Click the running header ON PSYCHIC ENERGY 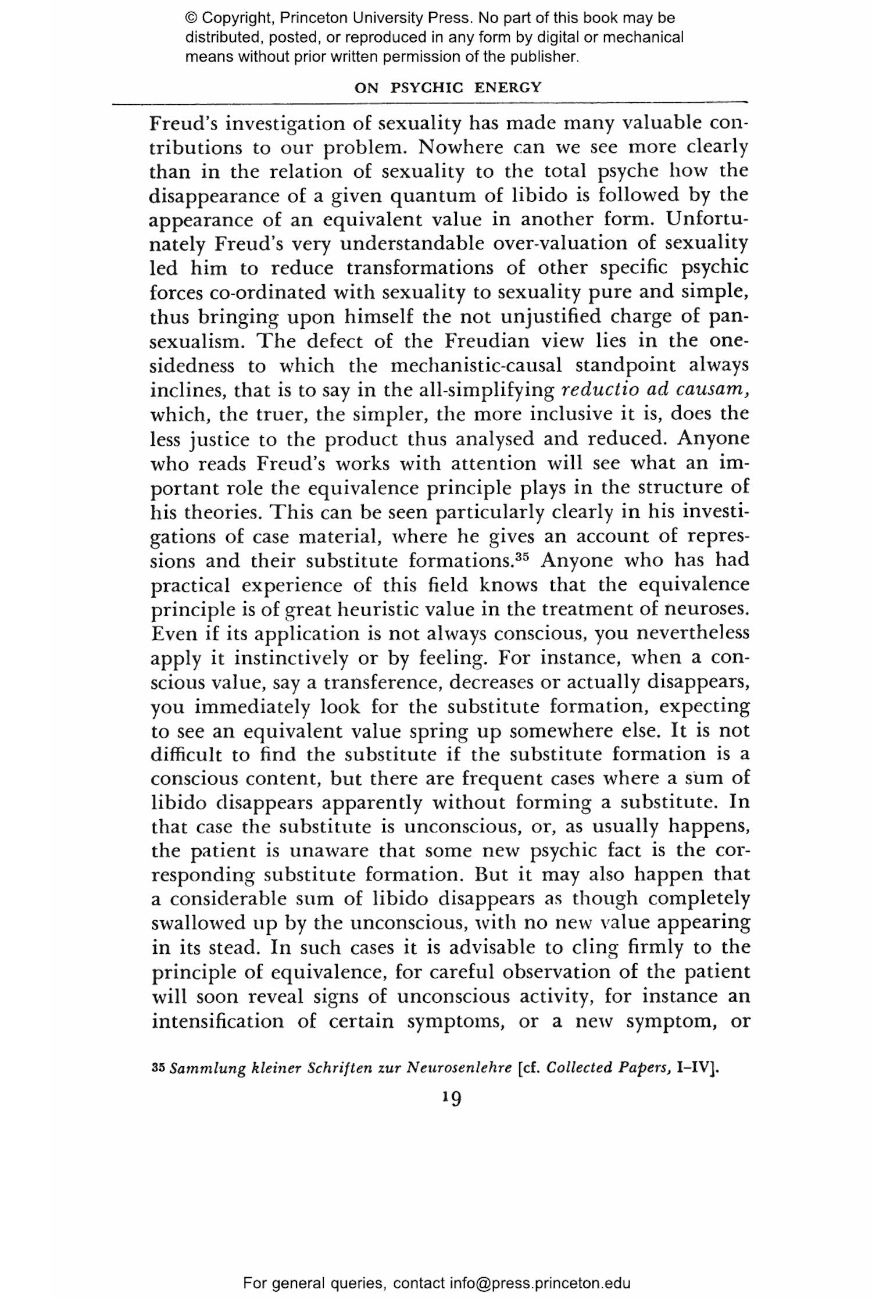click(448, 88)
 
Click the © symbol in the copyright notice click(191, 18)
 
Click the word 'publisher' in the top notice click(546, 57)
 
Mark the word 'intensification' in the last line click(217, 1021)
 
